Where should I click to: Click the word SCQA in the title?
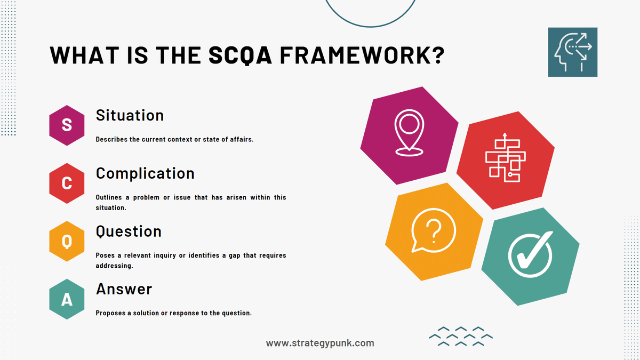(x=237, y=56)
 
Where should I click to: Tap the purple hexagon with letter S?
(x=67, y=125)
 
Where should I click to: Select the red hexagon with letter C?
(x=67, y=183)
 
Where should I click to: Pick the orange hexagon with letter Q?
(x=67, y=242)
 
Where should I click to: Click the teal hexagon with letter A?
(x=67, y=300)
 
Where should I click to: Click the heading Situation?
(x=130, y=115)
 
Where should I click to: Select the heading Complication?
(x=145, y=173)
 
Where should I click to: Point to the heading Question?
(x=129, y=231)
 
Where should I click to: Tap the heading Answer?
(x=124, y=289)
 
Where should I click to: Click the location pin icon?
(x=409, y=133)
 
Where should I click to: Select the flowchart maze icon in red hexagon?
(x=505, y=158)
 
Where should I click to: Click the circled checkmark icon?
(x=530, y=257)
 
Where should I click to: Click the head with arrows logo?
(x=572, y=52)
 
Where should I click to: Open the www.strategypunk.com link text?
(x=320, y=343)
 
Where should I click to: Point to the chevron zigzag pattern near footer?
(x=461, y=337)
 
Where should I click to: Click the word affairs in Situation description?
(x=240, y=139)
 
